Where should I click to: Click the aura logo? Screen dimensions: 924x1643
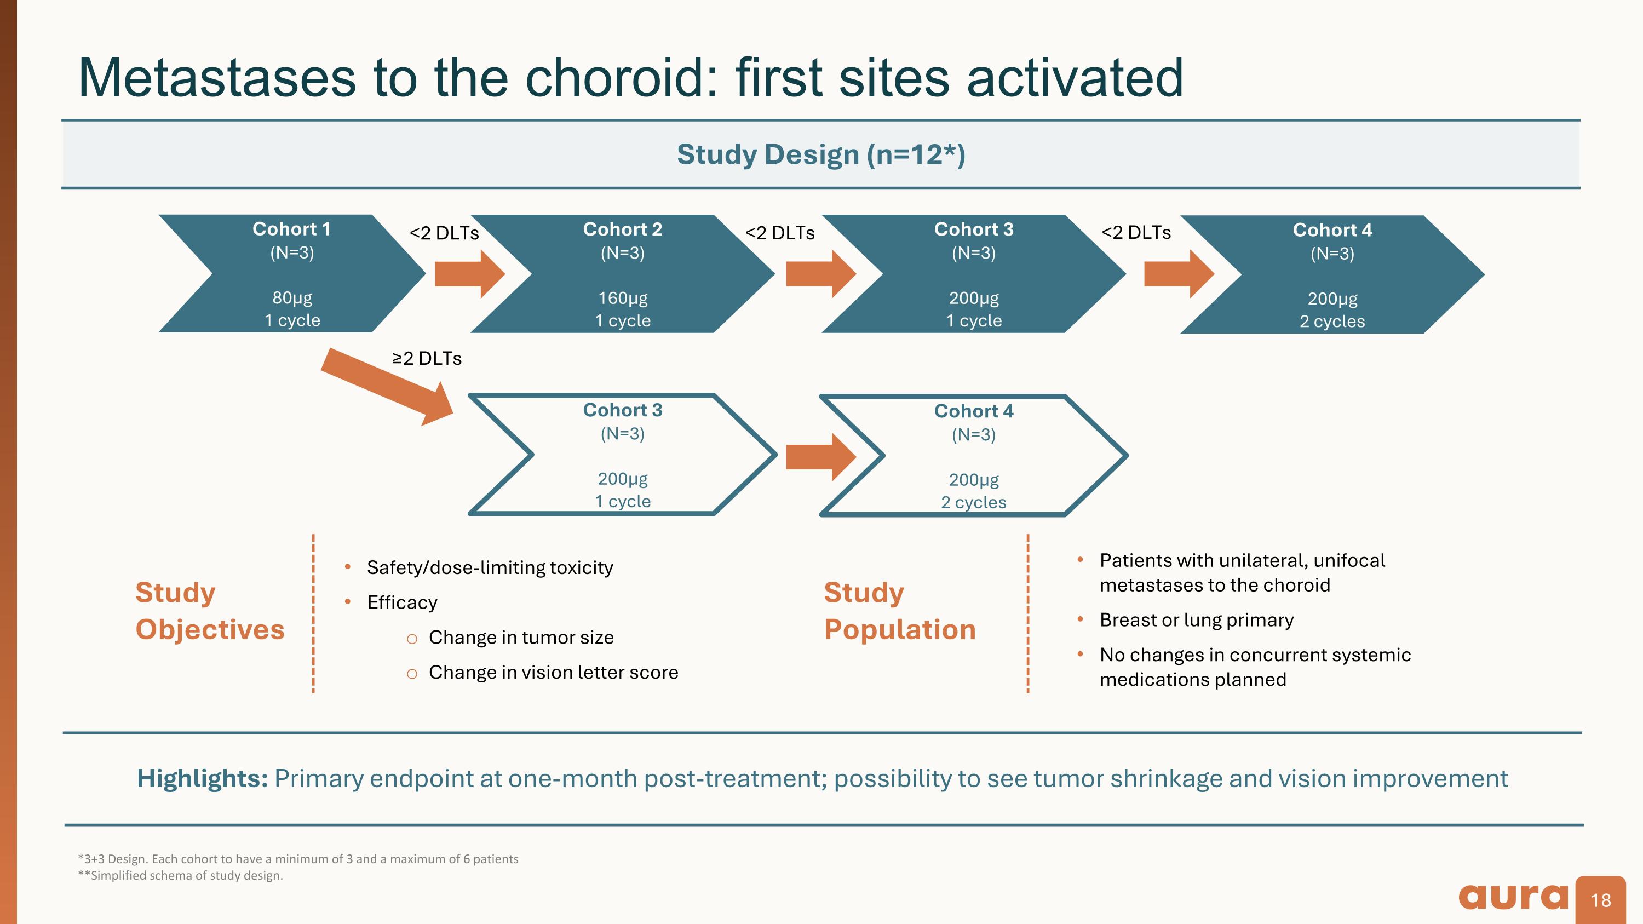point(1512,897)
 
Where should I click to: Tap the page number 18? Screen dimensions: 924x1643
point(1600,900)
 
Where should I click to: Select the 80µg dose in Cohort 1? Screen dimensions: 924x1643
point(292,298)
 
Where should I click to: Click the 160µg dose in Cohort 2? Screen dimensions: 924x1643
point(623,298)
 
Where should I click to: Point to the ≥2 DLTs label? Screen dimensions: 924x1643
point(427,358)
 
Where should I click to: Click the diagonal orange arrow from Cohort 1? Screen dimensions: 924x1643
point(387,385)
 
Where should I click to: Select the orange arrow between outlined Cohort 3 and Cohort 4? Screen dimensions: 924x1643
point(820,457)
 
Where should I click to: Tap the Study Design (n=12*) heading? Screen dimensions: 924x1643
point(821,154)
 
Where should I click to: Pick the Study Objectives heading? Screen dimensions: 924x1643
point(210,611)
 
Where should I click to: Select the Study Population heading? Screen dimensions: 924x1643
point(899,611)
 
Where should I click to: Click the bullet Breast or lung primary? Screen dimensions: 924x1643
point(1196,620)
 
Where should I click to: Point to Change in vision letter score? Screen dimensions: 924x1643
point(553,672)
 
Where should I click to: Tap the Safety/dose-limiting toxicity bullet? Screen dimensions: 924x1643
point(489,567)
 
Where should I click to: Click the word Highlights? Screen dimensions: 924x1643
point(202,779)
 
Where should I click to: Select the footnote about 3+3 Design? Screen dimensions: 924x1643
point(298,859)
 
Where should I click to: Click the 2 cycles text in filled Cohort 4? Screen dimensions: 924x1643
point(1332,322)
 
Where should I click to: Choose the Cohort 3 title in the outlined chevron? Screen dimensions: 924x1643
point(623,410)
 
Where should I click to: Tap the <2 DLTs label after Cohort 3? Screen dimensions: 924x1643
point(1136,233)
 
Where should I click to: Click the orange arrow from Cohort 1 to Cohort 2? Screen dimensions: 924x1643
point(469,274)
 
